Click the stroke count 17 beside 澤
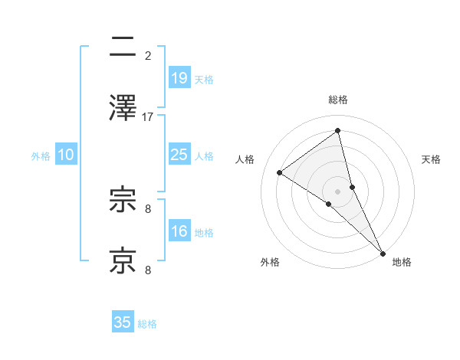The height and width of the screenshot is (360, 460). click(148, 116)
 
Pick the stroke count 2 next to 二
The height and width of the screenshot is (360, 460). click(148, 55)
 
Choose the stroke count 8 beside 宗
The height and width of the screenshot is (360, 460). click(148, 208)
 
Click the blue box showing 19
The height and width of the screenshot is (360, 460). click(179, 77)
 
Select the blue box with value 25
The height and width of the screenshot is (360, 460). click(179, 155)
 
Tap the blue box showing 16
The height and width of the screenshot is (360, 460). click(179, 231)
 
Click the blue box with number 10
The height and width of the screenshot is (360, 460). click(66, 155)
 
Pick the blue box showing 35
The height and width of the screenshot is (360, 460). click(123, 322)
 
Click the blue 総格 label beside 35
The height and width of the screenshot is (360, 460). click(147, 324)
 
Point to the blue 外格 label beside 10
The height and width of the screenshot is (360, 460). click(41, 155)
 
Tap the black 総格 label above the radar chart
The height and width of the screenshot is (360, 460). click(338, 100)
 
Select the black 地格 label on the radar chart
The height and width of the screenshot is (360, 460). click(402, 262)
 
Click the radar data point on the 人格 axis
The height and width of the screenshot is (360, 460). click(280, 172)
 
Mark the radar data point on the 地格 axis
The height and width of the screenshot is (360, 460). click(383, 252)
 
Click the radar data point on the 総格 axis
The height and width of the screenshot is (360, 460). click(338, 130)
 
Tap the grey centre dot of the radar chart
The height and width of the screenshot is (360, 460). click(338, 190)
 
